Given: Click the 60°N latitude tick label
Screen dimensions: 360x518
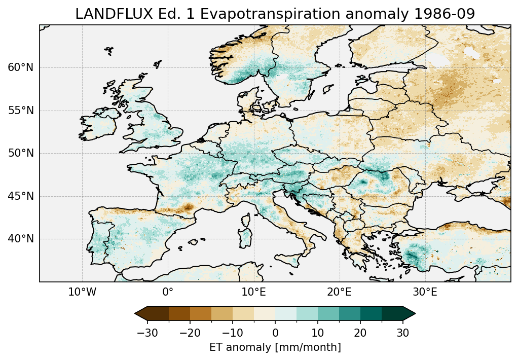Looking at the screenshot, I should pyautogui.click(x=21, y=67).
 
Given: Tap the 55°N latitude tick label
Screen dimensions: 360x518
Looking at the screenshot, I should pyautogui.click(x=21, y=111).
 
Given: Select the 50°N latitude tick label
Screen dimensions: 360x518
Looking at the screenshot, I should pyautogui.click(x=21, y=153).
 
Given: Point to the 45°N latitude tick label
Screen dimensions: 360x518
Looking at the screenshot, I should pyautogui.click(x=21, y=196).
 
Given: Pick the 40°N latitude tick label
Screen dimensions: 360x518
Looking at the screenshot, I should pyautogui.click(x=21, y=239).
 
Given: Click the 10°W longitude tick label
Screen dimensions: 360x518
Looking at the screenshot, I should pyautogui.click(x=82, y=292).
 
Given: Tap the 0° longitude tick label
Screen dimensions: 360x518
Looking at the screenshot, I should pyautogui.click(x=168, y=292).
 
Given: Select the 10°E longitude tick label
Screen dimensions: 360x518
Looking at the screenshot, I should pyautogui.click(x=253, y=292).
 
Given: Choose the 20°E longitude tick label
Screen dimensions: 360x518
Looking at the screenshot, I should pyautogui.click(x=339, y=292).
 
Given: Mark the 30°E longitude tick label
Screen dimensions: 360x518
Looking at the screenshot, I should pyautogui.click(x=425, y=292).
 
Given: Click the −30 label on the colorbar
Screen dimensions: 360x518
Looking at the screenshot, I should pyautogui.click(x=147, y=333).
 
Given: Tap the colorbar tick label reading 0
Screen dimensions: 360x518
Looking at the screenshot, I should pyautogui.click(x=275, y=333).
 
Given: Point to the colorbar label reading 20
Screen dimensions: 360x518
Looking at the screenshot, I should pyautogui.click(x=360, y=333).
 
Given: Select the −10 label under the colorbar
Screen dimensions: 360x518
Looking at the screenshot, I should pyautogui.click(x=232, y=333).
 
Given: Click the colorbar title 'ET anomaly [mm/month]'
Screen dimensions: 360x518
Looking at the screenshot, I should pyautogui.click(x=275, y=347).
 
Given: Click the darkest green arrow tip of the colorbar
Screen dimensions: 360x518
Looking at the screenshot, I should pyautogui.click(x=411, y=313).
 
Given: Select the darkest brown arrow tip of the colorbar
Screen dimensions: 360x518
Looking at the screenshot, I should pyautogui.click(x=139, y=313).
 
